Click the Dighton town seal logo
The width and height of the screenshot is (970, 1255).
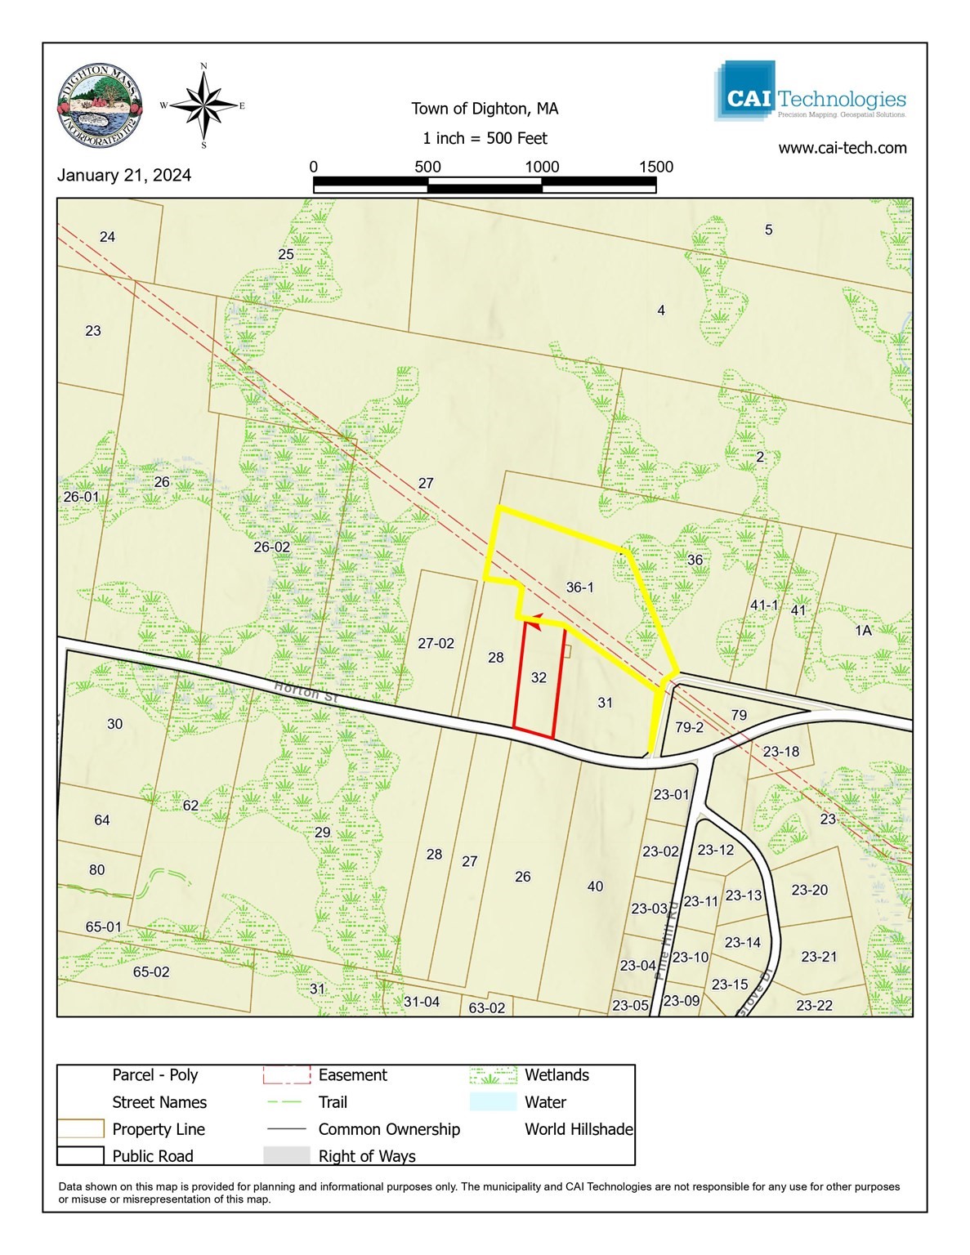pyautogui.click(x=101, y=105)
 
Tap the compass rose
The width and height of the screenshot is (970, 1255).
pyautogui.click(x=203, y=105)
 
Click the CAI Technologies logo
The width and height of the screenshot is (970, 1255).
pyautogui.click(x=811, y=92)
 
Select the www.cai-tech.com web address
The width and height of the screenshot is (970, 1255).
pyautogui.click(x=842, y=148)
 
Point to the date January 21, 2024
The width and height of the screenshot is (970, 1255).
pyautogui.click(x=124, y=176)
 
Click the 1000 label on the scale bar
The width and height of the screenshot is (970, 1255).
pyautogui.click(x=542, y=167)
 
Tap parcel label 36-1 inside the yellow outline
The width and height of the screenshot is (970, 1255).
pyautogui.click(x=579, y=587)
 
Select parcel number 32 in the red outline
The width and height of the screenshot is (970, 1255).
pyautogui.click(x=539, y=677)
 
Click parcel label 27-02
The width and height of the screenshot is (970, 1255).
pyautogui.click(x=436, y=644)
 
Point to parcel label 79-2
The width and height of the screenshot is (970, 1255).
pyautogui.click(x=690, y=727)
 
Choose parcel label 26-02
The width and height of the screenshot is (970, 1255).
pyautogui.click(x=271, y=547)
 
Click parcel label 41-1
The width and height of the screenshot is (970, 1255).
pyautogui.click(x=764, y=605)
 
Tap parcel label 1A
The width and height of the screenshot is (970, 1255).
pyautogui.click(x=863, y=631)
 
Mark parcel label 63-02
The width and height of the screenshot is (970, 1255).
pyautogui.click(x=486, y=1008)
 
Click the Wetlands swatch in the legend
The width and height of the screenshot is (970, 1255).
pyautogui.click(x=494, y=1075)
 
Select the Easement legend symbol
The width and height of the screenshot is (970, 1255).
pyautogui.click(x=286, y=1075)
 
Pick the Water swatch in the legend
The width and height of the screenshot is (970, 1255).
pyautogui.click(x=494, y=1102)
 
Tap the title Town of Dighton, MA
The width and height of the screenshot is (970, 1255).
pyautogui.click(x=485, y=109)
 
